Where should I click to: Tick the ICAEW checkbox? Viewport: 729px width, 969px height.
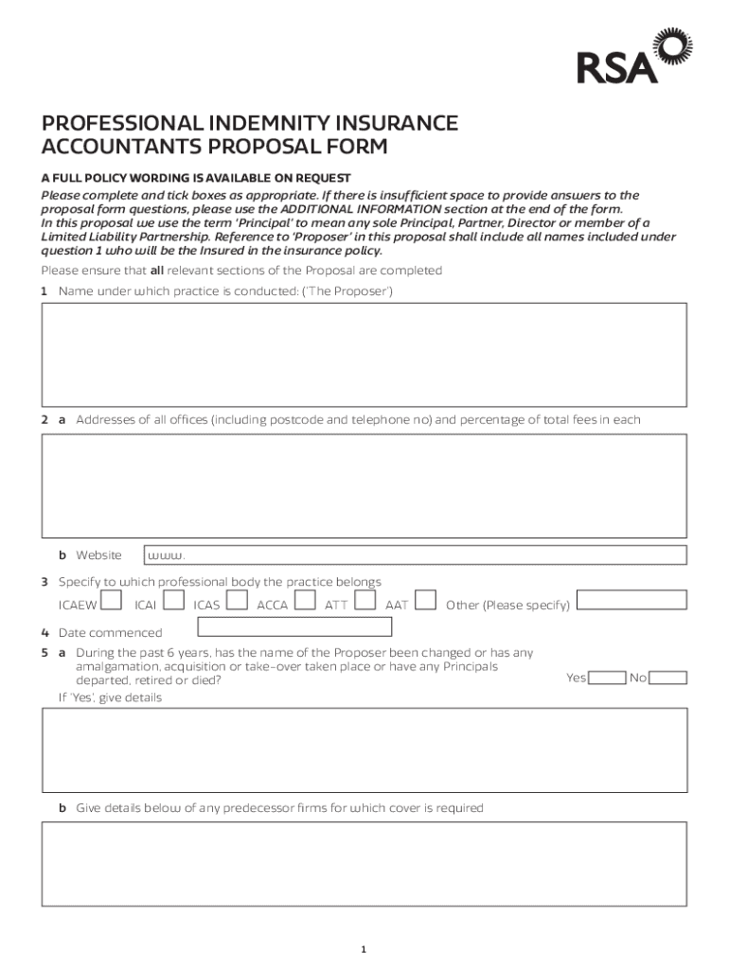[111, 600]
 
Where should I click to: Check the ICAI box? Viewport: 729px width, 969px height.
[174, 600]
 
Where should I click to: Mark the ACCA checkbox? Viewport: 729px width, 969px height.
[305, 600]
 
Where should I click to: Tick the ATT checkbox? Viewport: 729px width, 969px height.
[365, 600]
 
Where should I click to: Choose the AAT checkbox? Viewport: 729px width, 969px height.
[426, 600]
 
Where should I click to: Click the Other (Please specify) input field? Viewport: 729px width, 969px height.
[631, 600]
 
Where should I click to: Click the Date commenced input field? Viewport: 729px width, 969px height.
[293, 626]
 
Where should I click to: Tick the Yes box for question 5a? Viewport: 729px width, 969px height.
[607, 678]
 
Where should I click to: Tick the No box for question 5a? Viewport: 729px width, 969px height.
[668, 678]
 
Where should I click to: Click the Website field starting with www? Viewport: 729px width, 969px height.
[415, 555]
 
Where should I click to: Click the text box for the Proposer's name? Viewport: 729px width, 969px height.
[364, 354]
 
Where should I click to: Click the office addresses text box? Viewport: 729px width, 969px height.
[364, 485]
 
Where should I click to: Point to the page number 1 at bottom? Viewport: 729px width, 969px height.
[364, 949]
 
